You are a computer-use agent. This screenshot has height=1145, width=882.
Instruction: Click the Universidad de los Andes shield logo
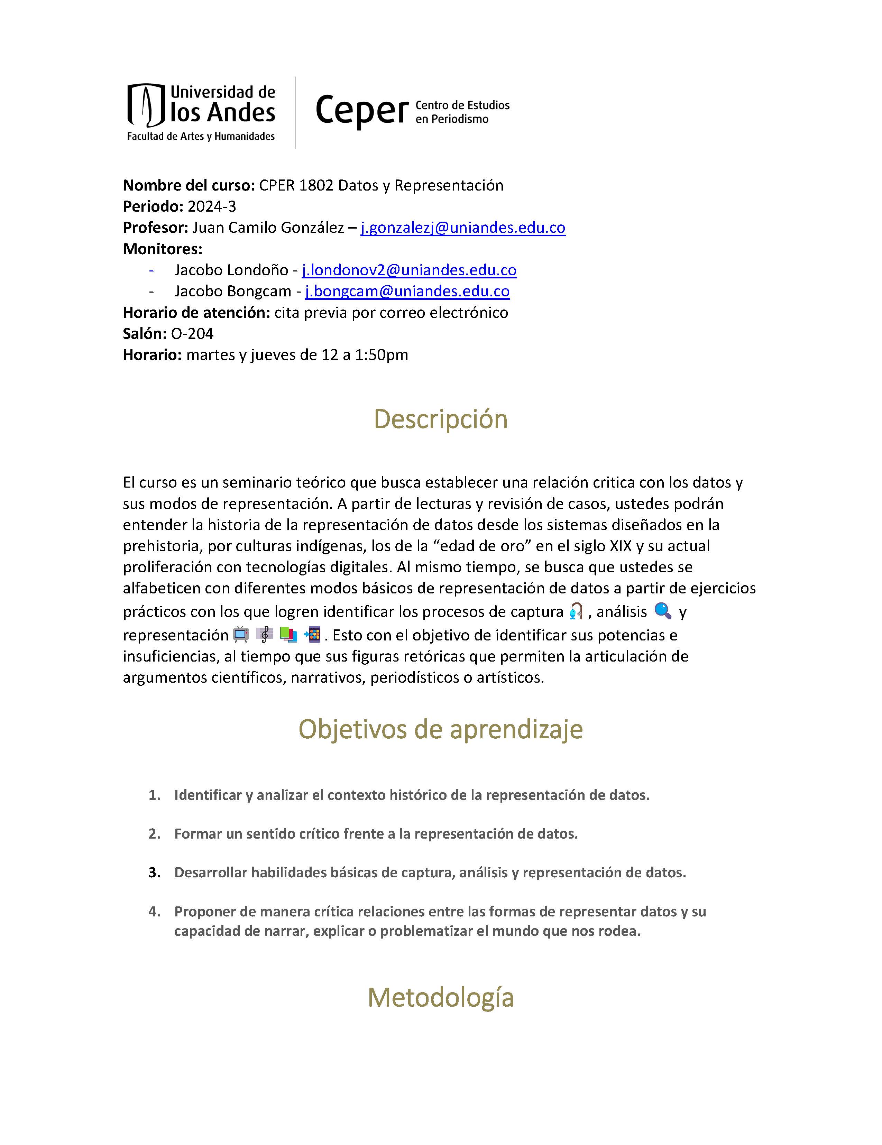[146, 105]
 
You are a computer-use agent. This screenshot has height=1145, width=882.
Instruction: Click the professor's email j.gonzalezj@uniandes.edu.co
[462, 228]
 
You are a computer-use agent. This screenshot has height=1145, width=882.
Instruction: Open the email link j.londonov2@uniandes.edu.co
[409, 270]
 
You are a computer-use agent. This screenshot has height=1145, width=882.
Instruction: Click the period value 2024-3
[212, 206]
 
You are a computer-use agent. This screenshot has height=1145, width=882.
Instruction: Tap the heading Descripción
[440, 419]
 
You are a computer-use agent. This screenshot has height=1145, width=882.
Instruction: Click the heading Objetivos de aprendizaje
[440, 729]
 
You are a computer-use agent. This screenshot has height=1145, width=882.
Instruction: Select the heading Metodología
[440, 997]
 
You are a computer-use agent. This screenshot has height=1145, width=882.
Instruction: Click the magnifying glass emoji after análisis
[663, 611]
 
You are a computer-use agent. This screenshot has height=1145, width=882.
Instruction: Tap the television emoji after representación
[241, 634]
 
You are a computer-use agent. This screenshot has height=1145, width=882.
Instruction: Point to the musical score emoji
[265, 634]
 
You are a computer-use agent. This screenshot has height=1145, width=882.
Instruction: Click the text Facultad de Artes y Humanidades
[201, 136]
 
